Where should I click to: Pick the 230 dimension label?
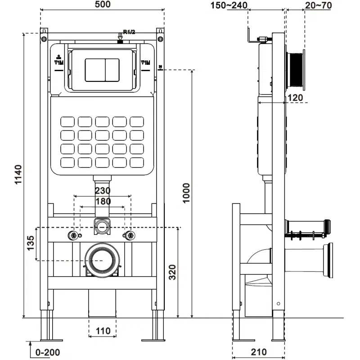tap(103, 191)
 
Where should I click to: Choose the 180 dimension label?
tap(103, 202)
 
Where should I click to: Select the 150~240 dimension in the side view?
tap(229, 5)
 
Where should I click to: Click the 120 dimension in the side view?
tap(295, 98)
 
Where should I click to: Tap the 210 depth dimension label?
tap(259, 351)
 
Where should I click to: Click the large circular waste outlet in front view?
tap(102, 260)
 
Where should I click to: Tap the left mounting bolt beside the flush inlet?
tap(72, 235)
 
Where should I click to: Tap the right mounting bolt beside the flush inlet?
tap(130, 235)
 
